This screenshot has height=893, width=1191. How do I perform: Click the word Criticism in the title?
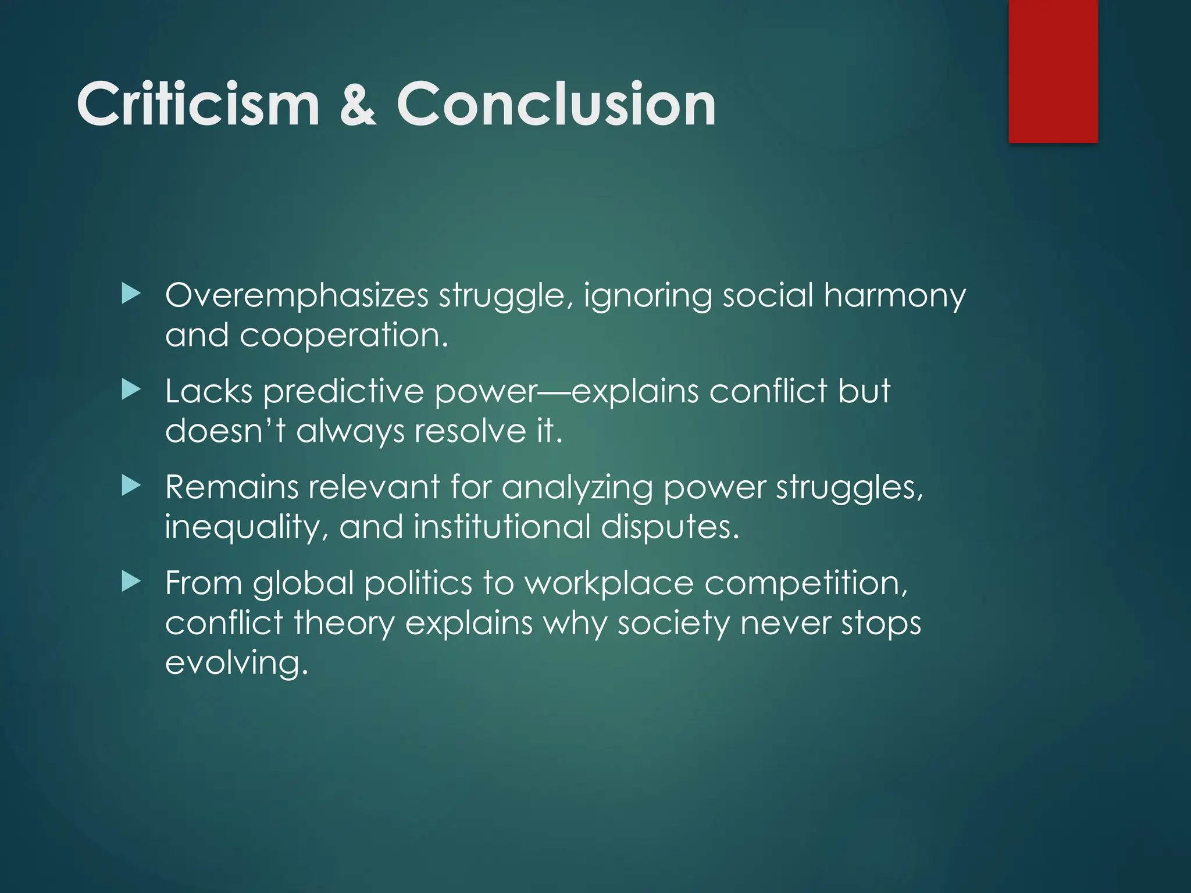point(198,105)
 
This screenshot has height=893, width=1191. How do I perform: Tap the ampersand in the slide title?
point(358,105)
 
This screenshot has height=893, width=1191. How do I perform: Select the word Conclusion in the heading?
point(556,105)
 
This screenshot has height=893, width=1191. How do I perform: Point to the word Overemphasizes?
point(297,295)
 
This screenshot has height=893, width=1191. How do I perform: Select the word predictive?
point(343,391)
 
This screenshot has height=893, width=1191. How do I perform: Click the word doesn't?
point(225,431)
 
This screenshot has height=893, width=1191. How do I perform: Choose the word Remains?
point(231,487)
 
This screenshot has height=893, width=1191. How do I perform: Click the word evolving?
point(236,663)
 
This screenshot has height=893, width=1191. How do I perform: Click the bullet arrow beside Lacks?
point(131,390)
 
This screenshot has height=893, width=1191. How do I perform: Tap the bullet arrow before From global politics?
point(131,581)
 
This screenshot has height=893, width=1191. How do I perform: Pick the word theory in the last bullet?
point(344,623)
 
